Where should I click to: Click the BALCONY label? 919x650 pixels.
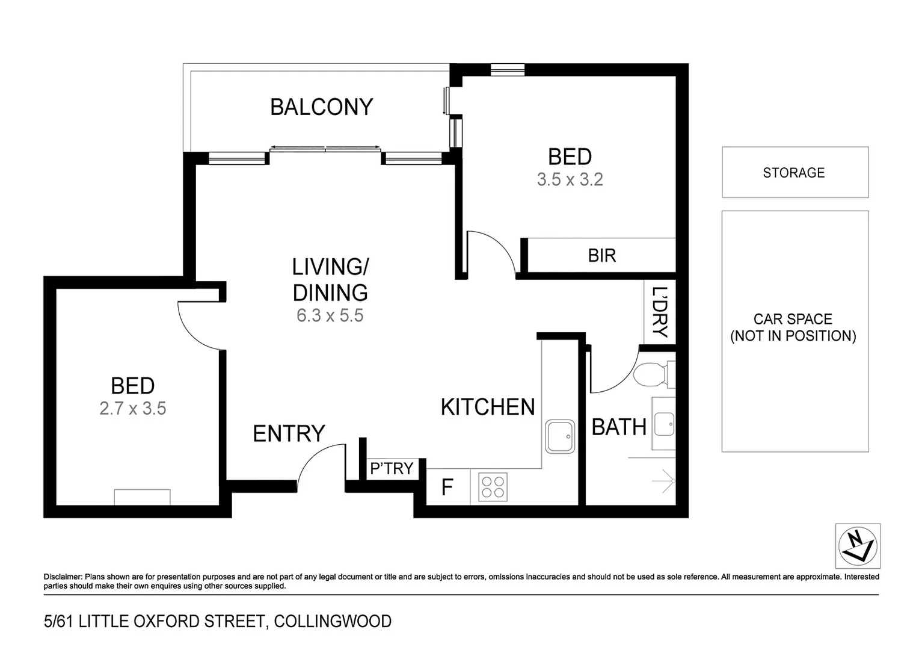click(321, 107)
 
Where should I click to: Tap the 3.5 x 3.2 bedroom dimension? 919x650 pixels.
click(570, 179)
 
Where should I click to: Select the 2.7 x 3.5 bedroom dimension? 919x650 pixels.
click(132, 409)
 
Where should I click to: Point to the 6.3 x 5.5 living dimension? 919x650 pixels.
click(330, 315)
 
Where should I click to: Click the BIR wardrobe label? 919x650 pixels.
click(601, 256)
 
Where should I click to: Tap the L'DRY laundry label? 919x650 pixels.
click(660, 312)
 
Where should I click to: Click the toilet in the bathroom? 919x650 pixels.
click(651, 375)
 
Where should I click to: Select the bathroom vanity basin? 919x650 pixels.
click(664, 424)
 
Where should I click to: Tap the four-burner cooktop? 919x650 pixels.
click(493, 487)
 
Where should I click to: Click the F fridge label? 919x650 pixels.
click(447, 487)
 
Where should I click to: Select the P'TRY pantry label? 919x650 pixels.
click(392, 468)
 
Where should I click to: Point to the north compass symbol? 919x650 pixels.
click(858, 546)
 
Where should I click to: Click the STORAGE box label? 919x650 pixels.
click(793, 173)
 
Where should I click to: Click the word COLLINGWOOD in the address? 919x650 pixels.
click(333, 621)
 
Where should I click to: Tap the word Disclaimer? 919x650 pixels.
click(63, 577)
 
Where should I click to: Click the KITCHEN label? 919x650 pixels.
click(487, 407)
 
